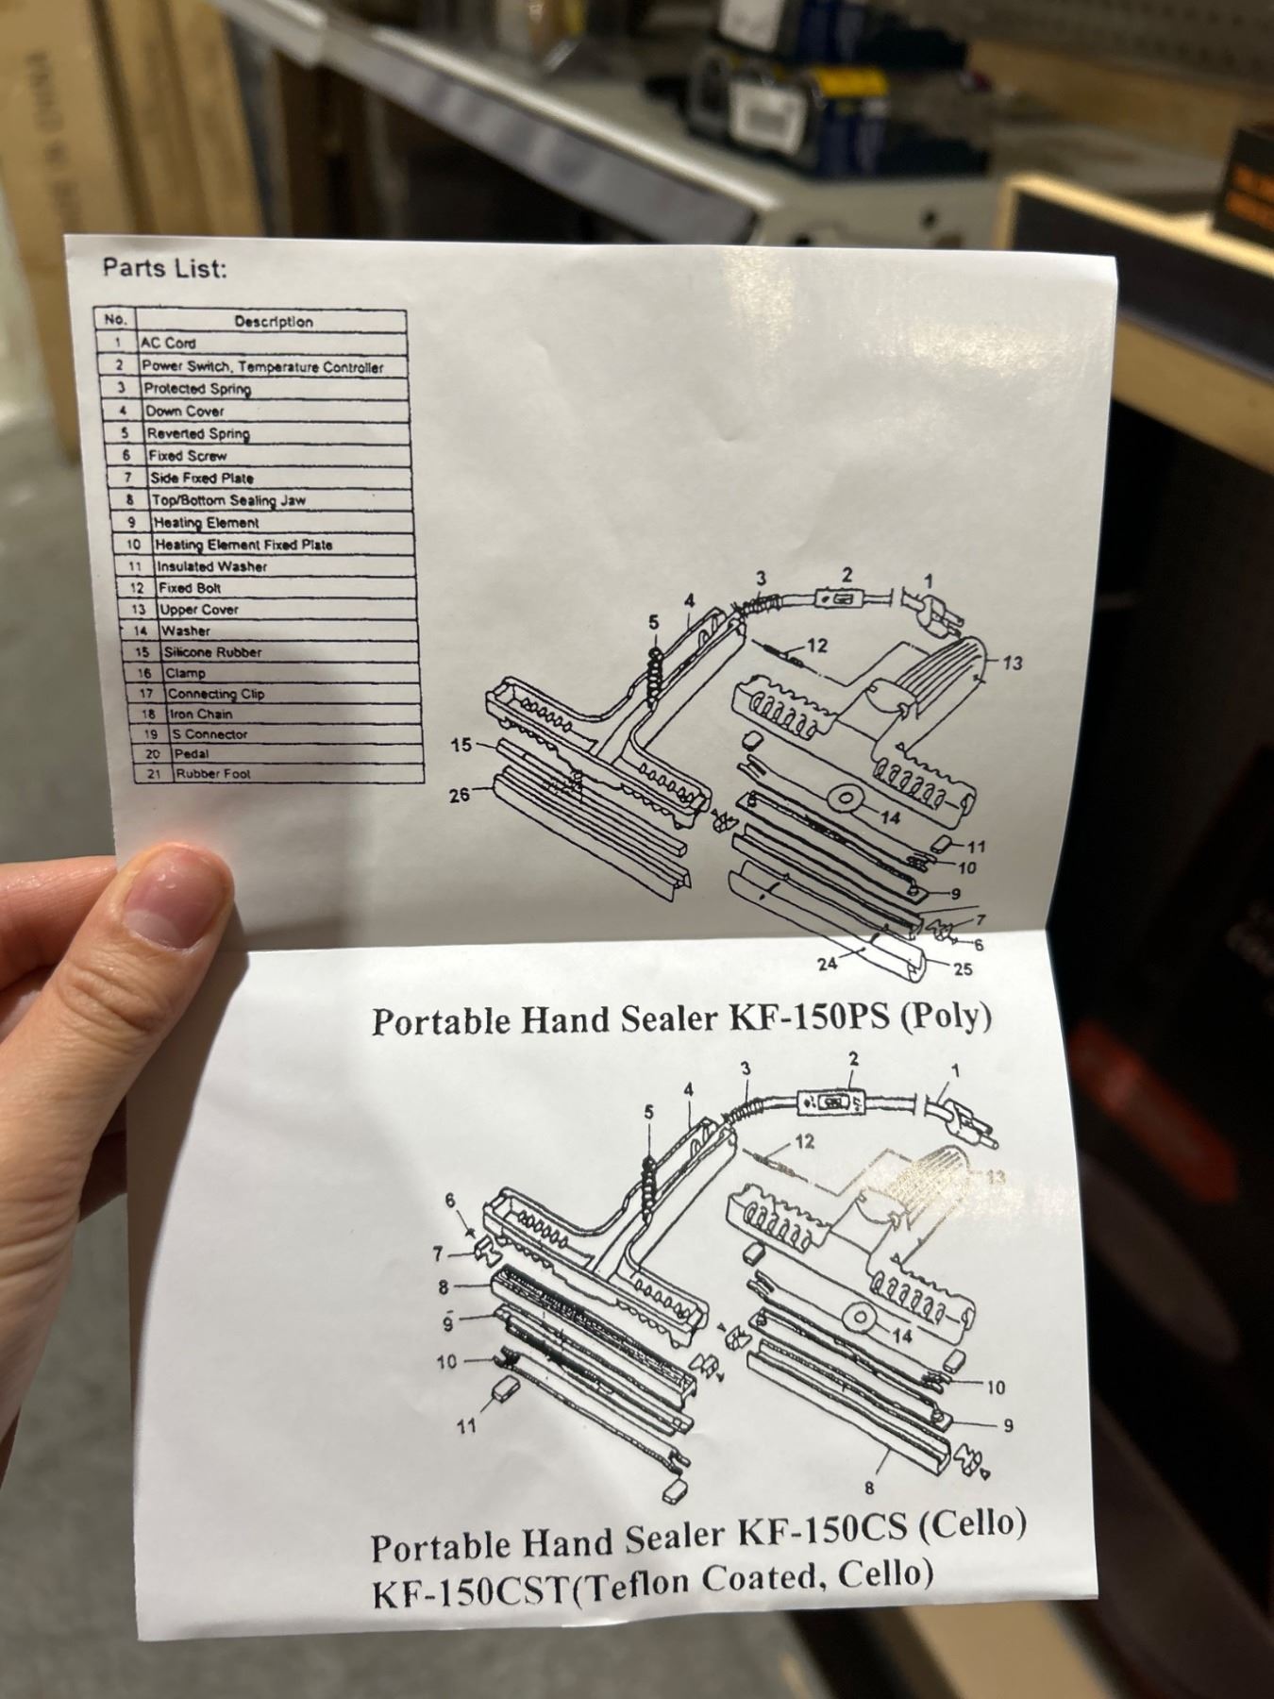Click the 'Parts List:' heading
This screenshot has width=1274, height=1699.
[165, 269]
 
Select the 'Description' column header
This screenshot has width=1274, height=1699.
[274, 322]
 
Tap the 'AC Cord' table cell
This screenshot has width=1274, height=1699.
[168, 344]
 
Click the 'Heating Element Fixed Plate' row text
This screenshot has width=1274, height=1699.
[243, 545]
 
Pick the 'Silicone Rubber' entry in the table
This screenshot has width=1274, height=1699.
[212, 652]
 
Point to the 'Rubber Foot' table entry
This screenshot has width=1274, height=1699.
[212, 774]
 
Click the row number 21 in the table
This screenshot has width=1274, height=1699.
[153, 774]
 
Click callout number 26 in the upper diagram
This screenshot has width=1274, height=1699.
[460, 796]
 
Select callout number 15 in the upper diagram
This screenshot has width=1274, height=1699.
[461, 746]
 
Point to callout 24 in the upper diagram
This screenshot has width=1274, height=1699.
[828, 964]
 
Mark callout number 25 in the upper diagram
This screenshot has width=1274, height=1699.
[963, 968]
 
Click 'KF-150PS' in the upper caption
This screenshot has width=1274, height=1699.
[809, 1018]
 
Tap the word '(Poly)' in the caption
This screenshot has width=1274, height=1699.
[946, 1017]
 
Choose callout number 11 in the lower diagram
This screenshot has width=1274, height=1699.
[467, 1427]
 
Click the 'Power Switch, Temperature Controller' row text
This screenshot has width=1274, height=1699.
[262, 367]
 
